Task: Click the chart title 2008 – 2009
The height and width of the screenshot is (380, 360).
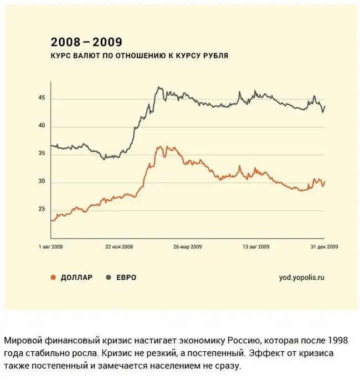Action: [86, 42]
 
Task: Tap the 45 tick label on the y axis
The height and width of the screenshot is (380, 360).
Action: [42, 99]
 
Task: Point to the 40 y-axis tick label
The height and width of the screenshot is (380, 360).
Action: [42, 127]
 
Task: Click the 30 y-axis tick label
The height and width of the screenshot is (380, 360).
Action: [42, 183]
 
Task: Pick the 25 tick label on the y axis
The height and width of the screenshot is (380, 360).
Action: [42, 209]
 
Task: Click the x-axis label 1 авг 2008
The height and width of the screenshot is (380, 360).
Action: [51, 247]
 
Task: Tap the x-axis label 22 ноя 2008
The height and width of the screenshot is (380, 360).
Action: [119, 247]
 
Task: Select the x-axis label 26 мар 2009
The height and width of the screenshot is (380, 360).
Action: [187, 247]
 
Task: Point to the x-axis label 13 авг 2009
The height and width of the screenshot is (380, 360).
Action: [255, 247]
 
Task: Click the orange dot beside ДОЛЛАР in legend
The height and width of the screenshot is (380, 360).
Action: [53, 278]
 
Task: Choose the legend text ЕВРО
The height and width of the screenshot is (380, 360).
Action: [126, 278]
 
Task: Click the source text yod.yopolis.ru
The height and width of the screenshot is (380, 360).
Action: [302, 278]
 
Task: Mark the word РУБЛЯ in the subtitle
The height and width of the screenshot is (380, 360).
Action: [215, 56]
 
